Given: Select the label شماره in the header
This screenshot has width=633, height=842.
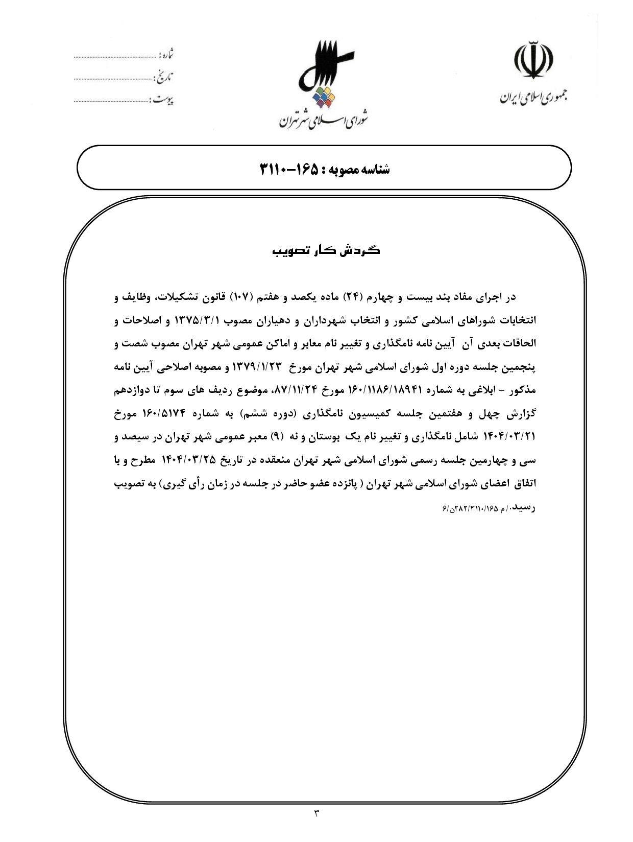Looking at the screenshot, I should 166,54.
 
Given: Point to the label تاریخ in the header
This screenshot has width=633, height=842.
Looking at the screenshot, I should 164,77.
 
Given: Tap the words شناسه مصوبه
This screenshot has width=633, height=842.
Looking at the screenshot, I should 363,169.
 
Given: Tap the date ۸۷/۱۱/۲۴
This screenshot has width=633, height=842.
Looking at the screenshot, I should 297,390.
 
